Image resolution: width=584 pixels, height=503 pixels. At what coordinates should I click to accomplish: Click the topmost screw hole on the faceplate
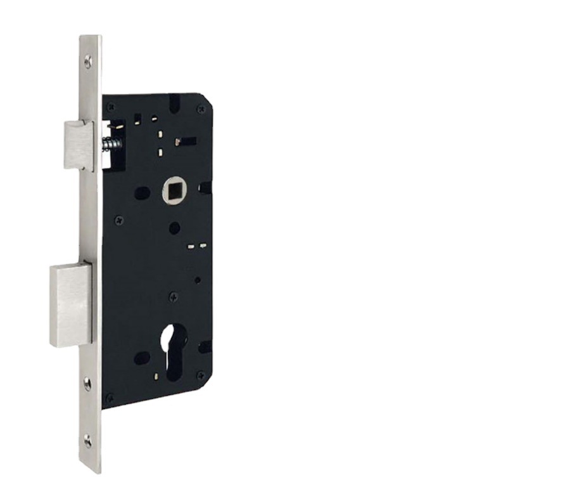pos(88,61)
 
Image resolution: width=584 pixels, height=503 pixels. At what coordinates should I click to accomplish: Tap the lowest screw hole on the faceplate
pos(87,441)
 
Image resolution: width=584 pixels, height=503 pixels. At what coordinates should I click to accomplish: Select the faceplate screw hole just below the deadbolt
pos(87,382)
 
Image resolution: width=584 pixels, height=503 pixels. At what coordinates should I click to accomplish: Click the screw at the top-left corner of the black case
pos(110,107)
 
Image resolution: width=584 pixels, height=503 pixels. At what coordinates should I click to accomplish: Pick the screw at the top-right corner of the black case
pos(201,109)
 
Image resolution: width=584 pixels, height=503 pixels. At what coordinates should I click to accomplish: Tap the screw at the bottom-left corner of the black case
pos(110,396)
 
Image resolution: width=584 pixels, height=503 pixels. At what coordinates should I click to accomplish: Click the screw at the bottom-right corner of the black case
pos(201,376)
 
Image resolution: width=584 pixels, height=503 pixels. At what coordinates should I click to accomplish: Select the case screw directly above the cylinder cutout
pos(173,296)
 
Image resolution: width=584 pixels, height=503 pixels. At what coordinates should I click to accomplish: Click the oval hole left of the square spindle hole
pos(143,192)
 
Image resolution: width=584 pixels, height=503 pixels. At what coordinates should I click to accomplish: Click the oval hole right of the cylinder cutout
pos(204,347)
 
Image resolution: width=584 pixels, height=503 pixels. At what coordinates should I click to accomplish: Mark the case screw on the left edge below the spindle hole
pos(118,219)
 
